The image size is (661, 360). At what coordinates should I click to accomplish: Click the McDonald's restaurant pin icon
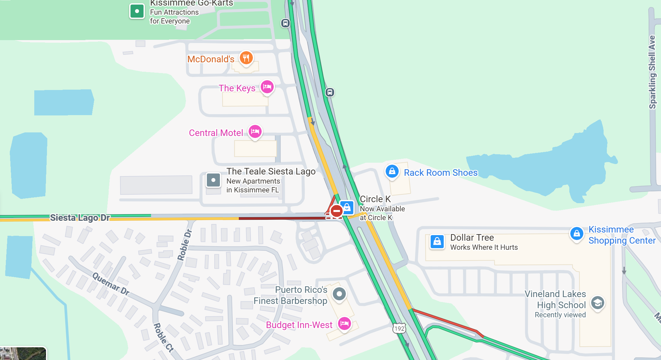(246, 58)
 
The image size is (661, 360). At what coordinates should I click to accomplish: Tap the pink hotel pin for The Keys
(267, 87)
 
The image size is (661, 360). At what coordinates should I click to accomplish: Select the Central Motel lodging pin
(255, 132)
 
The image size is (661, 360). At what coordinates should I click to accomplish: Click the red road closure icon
(336, 211)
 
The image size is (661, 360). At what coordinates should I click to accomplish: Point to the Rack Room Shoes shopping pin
(392, 171)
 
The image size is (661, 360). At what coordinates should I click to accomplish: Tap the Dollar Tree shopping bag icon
(437, 242)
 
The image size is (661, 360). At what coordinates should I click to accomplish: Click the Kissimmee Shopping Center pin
(577, 233)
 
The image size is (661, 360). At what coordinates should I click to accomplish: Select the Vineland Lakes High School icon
(597, 303)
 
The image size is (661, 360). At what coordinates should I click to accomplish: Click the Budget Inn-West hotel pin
(345, 324)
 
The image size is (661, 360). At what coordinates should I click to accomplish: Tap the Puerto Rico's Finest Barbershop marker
(339, 294)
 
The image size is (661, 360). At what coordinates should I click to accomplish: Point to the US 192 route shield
(399, 328)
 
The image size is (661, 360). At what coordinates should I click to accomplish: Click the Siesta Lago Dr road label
(80, 217)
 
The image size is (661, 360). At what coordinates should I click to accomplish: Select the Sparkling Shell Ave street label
(652, 72)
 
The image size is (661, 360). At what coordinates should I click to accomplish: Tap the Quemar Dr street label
(111, 284)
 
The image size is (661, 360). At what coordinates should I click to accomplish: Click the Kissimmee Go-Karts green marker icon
(137, 11)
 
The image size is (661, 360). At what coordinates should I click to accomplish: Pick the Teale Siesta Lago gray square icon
(213, 180)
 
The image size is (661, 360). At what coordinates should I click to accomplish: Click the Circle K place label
(375, 199)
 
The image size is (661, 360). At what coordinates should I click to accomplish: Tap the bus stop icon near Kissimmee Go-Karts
(285, 23)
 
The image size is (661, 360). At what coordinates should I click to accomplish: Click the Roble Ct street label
(163, 337)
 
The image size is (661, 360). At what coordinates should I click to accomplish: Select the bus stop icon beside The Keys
(330, 92)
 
